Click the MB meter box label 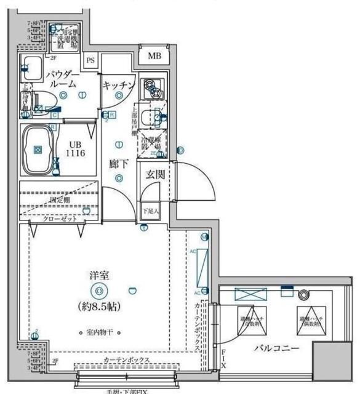pos(154,57)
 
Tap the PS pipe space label pos(91,60)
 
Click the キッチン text pos(119,86)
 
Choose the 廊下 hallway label pos(119,164)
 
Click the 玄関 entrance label pos(155,174)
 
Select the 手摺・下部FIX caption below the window pos(122,390)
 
